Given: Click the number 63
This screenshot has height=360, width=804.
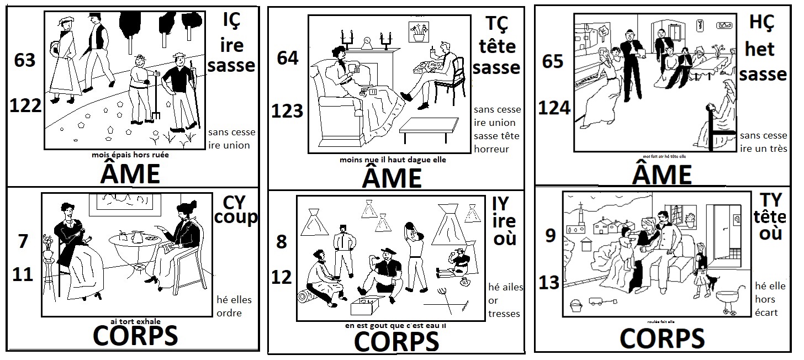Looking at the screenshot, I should point(25,60).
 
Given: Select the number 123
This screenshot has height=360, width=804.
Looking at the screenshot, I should point(287,111).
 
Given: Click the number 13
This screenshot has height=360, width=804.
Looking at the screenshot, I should point(549,283).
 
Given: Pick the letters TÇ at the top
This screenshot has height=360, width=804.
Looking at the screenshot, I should point(496,24).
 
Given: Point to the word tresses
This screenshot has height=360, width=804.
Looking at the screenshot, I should point(504,314).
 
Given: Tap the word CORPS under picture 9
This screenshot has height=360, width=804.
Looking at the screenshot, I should point(662,337).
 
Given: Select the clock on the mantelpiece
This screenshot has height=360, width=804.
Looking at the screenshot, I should point(366,43).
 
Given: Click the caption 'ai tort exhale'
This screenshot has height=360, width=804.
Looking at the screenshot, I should point(135,321).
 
